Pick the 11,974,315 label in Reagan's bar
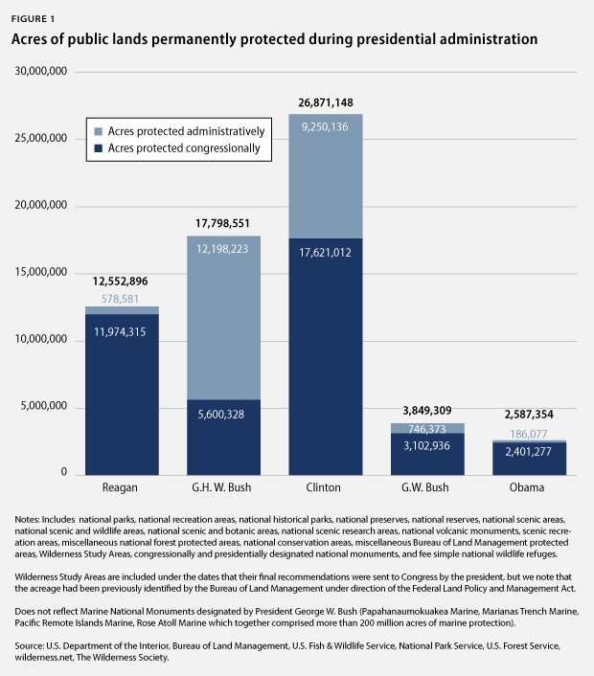(x=122, y=331)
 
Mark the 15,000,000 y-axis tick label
(x=40, y=273)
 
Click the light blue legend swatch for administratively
(x=98, y=130)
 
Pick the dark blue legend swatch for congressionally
(x=98, y=149)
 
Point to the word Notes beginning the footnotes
(x=30, y=519)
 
